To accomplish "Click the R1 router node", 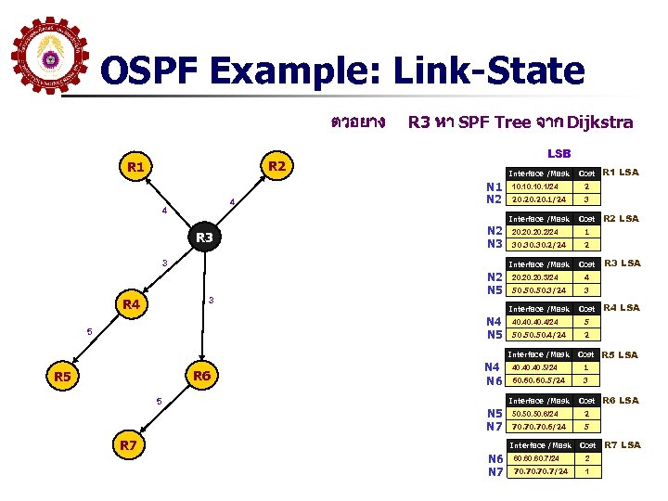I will click(x=136, y=168).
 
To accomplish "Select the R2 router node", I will click(x=275, y=166).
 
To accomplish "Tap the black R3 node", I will click(x=205, y=238).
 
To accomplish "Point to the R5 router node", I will click(x=63, y=377).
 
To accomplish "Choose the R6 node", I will click(x=201, y=376).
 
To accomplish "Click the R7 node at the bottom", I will click(x=129, y=446).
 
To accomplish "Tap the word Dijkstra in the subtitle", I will click(x=600, y=122).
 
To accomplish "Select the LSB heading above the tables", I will click(x=559, y=153).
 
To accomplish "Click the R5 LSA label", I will click(x=621, y=354).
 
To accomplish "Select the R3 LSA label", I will click(x=623, y=263).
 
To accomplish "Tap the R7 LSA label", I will click(x=623, y=445).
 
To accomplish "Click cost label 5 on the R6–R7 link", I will click(x=159, y=402).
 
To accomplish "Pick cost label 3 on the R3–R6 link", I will click(x=212, y=300).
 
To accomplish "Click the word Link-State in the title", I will click(x=489, y=71).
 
